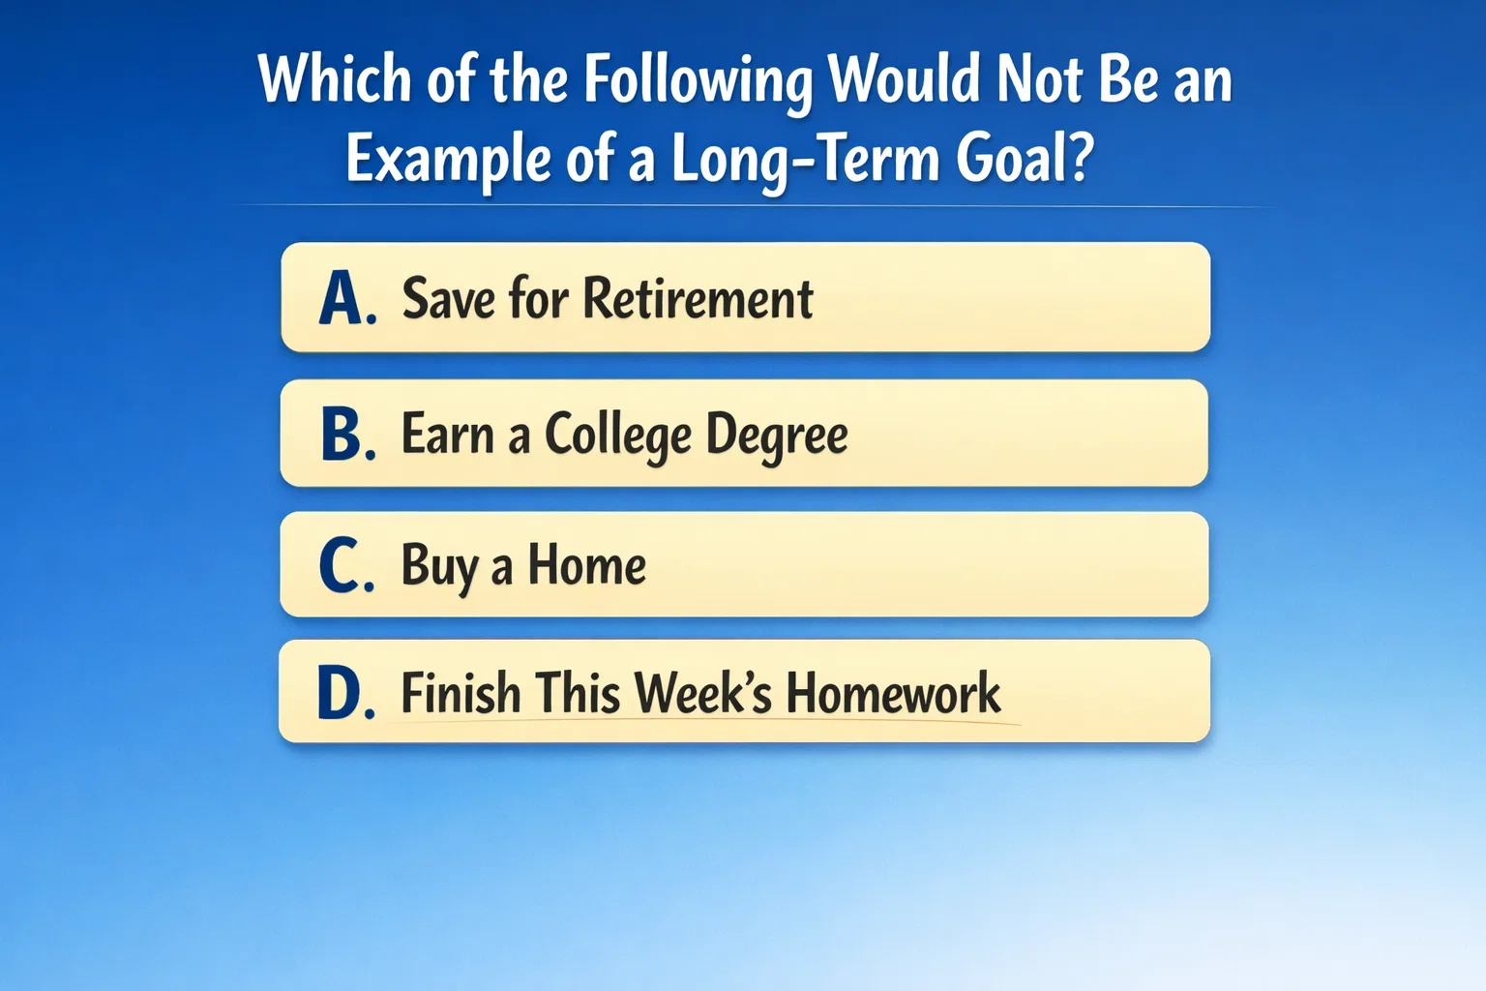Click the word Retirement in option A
[x=698, y=298]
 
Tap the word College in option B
[x=617, y=435]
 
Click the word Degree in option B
[x=776, y=435]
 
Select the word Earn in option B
[x=447, y=435]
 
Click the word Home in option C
[x=586, y=565]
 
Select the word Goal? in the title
[x=1025, y=159]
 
